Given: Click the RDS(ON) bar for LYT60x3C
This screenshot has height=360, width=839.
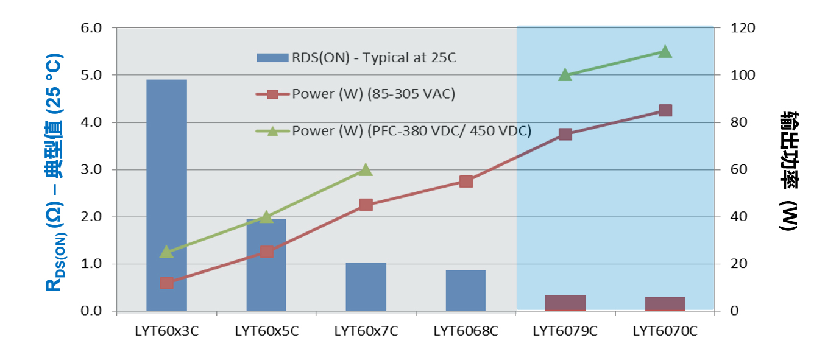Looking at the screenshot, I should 166,195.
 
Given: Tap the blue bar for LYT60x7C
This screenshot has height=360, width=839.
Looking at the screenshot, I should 366,287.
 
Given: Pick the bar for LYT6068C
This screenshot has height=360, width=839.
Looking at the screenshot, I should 466,291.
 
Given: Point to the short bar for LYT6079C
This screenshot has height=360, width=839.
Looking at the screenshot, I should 565,303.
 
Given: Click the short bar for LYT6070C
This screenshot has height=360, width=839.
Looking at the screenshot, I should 665,304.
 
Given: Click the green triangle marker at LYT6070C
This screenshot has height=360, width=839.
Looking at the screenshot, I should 665,51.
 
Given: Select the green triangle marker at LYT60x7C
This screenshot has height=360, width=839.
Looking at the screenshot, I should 366,169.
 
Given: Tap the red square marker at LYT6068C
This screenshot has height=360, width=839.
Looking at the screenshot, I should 466,182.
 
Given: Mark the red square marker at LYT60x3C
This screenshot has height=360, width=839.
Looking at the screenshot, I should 166,283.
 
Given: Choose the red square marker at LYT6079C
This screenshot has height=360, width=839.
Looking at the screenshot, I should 565,135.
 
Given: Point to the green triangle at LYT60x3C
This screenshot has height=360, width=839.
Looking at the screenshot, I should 166,252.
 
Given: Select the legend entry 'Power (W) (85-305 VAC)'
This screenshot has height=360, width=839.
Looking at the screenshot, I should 373,94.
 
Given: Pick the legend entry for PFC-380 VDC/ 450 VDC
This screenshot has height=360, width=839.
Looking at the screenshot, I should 411,130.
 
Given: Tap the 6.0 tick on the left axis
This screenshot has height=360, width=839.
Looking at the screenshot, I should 93,28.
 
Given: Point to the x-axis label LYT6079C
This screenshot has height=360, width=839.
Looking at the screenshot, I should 565,331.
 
